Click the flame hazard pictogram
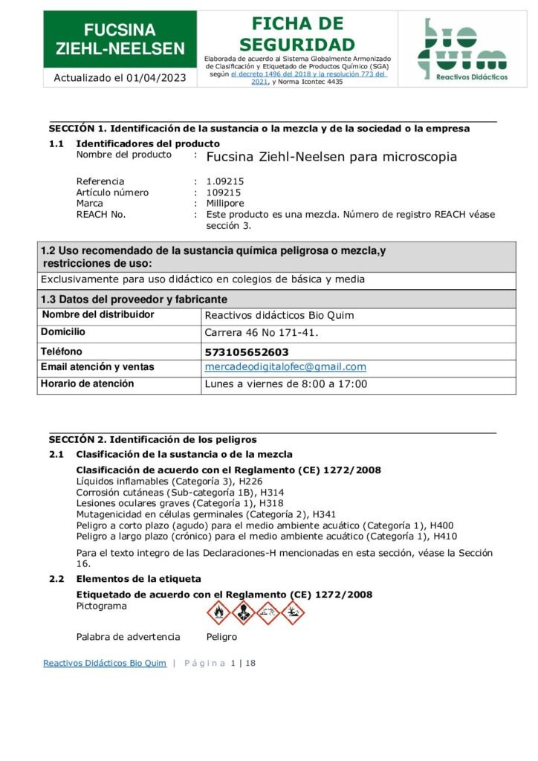pyautogui.click(x=218, y=612)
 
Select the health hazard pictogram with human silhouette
pyautogui.click(x=244, y=612)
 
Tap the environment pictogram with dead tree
pyautogui.click(x=293, y=612)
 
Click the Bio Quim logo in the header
pyautogui.click(x=461, y=49)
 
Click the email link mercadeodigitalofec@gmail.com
pyautogui.click(x=285, y=367)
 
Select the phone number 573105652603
pyautogui.click(x=247, y=352)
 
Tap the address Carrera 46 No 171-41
pyautogui.click(x=261, y=332)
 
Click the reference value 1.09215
pyautogui.click(x=225, y=181)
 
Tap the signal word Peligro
pyautogui.click(x=221, y=637)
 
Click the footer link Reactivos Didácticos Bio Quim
pyautogui.click(x=105, y=663)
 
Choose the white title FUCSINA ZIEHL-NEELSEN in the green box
pyautogui.click(x=120, y=39)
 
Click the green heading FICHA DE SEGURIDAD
pyautogui.click(x=297, y=34)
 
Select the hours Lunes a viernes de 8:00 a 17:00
pyautogui.click(x=285, y=384)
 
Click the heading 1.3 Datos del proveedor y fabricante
pyautogui.click(x=134, y=299)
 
